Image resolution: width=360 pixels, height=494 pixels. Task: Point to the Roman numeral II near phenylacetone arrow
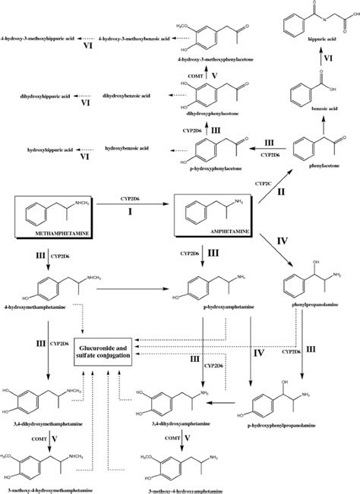click(282, 194)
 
